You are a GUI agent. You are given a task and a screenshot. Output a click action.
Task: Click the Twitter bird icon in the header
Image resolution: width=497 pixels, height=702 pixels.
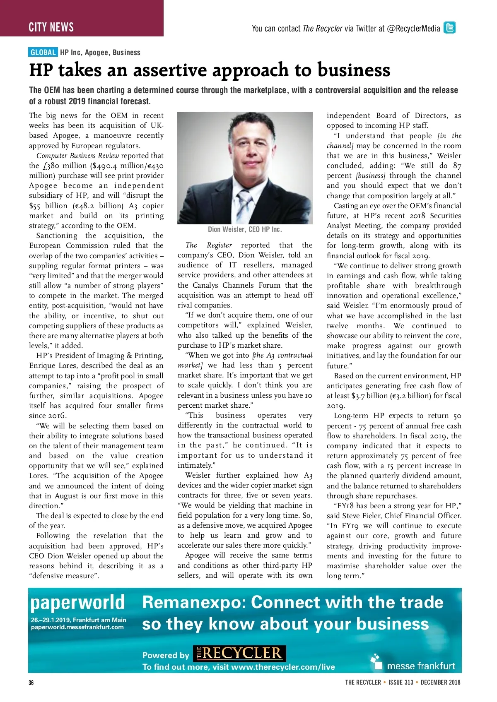click(x=449, y=28)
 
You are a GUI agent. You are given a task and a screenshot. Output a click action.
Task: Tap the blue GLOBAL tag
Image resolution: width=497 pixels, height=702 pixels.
click(x=43, y=52)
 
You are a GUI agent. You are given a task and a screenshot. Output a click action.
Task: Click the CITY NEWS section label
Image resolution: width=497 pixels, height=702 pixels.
click(x=51, y=27)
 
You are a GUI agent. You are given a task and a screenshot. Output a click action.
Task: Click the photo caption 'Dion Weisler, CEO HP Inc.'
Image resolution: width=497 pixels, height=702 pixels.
click(x=245, y=229)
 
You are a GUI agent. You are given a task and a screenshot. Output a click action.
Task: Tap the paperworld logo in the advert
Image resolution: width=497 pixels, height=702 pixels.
click(x=77, y=603)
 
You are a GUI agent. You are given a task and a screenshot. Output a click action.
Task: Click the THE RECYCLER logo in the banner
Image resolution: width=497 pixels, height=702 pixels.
click(x=239, y=654)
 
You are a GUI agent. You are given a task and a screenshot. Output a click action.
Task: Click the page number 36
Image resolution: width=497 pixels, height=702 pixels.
click(x=31, y=683)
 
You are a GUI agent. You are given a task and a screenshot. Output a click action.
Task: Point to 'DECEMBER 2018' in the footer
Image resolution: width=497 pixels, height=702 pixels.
click(x=440, y=682)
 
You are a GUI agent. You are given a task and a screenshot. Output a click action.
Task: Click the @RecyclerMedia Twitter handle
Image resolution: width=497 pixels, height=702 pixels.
click(x=413, y=28)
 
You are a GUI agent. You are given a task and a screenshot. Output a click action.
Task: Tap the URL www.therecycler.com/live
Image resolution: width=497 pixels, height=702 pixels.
click(x=283, y=667)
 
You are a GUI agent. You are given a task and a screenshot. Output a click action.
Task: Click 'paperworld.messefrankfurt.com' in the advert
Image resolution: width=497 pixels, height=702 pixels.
click(x=77, y=627)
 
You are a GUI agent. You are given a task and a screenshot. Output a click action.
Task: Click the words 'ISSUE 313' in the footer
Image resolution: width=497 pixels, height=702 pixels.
click(x=401, y=682)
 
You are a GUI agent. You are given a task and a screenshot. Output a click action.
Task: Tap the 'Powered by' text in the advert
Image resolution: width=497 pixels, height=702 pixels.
click(x=166, y=655)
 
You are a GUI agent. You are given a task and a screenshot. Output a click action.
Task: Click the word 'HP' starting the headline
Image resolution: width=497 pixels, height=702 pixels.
click(x=40, y=70)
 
